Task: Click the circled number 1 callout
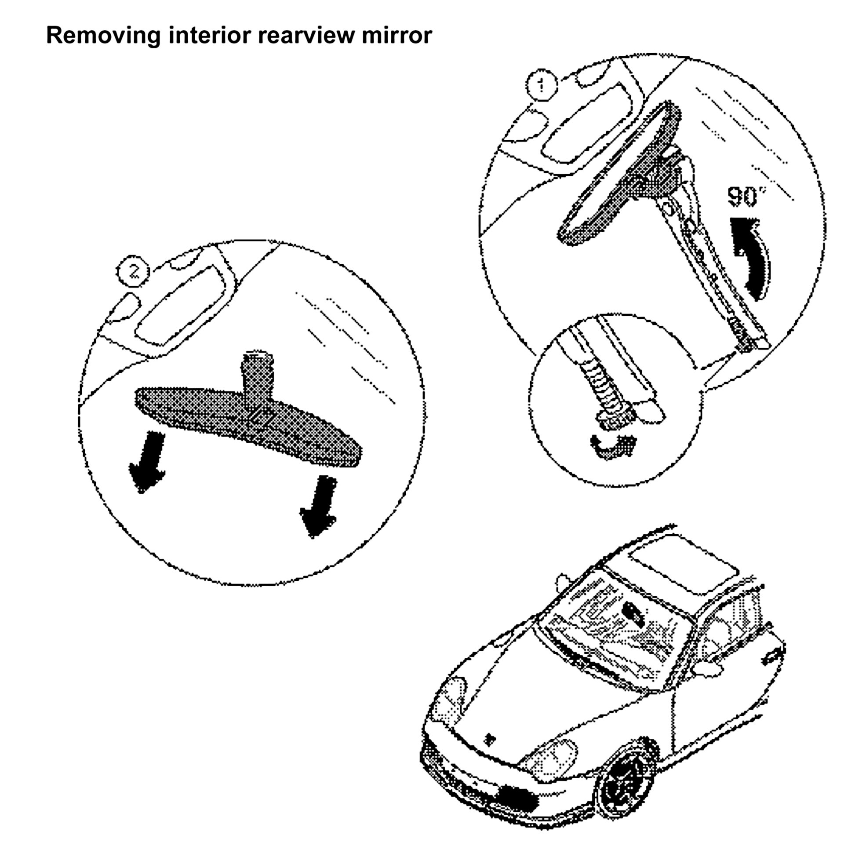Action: point(541,85)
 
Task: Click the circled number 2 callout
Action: point(133,272)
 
